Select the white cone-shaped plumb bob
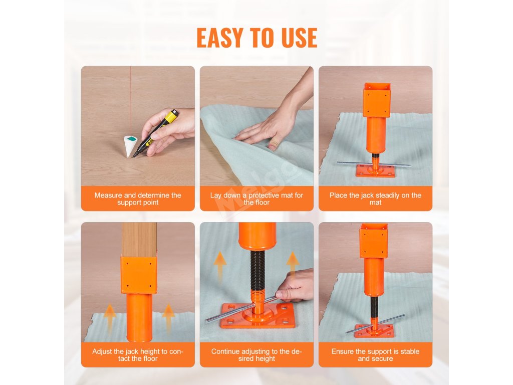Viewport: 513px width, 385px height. point(131,146)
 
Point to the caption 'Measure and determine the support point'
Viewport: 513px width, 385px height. point(138,199)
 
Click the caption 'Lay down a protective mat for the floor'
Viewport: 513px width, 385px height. point(256,199)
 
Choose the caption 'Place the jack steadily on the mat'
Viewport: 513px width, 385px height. point(375,199)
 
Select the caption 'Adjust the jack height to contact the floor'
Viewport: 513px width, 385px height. point(138,355)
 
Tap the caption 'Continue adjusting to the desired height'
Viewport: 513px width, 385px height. point(256,355)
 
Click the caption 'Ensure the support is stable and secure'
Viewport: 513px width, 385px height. point(375,355)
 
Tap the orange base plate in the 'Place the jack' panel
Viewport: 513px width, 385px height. point(375,170)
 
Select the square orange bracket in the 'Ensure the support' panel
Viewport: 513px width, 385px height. point(374,241)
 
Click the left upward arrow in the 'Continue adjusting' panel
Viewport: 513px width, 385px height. point(220,265)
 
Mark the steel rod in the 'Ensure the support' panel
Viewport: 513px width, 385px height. point(375,324)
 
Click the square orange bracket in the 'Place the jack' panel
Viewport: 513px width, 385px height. point(377,100)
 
